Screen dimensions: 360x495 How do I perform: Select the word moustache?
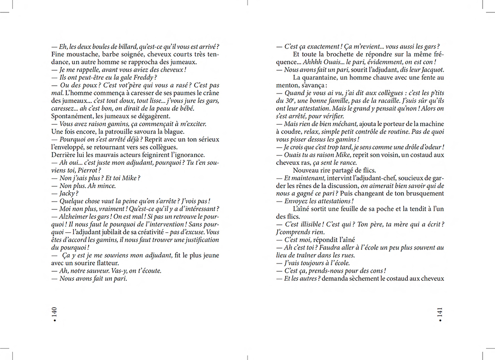tap(76, 54)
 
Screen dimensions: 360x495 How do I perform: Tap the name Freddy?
tap(147, 78)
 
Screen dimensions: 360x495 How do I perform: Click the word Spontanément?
tap(71, 116)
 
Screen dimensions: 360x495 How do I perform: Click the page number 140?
tap(55, 313)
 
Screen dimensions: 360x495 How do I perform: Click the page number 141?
tap(440, 313)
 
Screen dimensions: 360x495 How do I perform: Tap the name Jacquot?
tap(430, 70)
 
